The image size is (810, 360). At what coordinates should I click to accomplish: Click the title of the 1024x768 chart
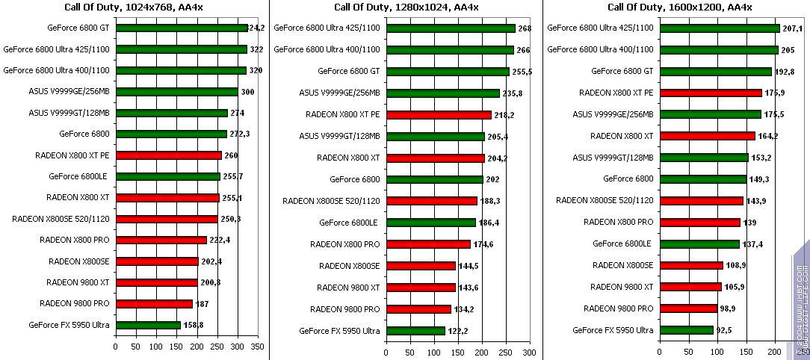(135, 7)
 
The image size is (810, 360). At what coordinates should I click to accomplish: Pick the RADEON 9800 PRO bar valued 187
(154, 304)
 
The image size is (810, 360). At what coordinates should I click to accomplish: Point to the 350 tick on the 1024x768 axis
(258, 347)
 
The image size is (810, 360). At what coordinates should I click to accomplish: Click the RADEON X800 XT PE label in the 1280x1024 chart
(342, 114)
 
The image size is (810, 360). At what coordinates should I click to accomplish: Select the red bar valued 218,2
(438, 114)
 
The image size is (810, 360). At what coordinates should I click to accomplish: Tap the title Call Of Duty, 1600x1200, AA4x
(679, 7)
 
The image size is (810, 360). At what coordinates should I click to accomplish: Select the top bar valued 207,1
(720, 28)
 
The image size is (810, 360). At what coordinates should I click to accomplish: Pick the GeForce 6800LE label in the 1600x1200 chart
(622, 243)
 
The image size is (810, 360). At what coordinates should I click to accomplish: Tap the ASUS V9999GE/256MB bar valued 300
(176, 92)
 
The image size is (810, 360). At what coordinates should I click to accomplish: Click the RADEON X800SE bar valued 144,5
(420, 266)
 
